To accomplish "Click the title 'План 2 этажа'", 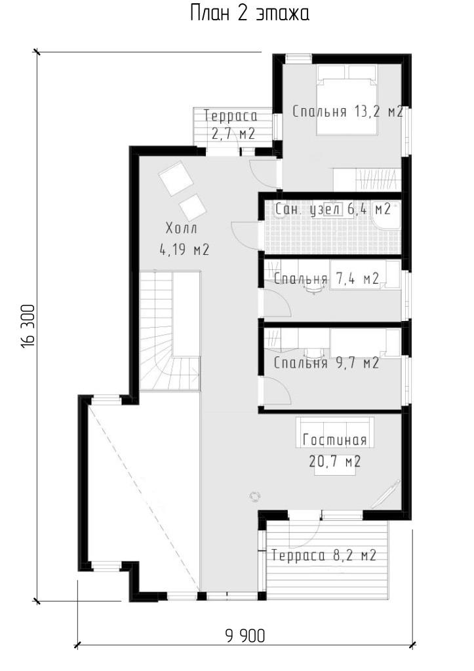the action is pyautogui.click(x=249, y=14).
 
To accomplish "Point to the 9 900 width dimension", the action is pyautogui.click(x=245, y=636).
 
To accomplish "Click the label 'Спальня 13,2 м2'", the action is pyautogui.click(x=347, y=112).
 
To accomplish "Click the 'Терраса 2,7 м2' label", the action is pyautogui.click(x=231, y=125).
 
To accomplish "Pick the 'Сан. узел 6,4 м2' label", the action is pyautogui.click(x=332, y=210).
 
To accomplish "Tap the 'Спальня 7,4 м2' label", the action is pyautogui.click(x=326, y=279).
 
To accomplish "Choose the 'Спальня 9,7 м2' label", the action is pyautogui.click(x=326, y=363).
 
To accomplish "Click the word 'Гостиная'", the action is pyautogui.click(x=334, y=440).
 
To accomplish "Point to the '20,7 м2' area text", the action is pyautogui.click(x=334, y=461).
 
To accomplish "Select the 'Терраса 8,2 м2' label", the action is pyautogui.click(x=324, y=556).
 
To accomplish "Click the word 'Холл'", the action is pyautogui.click(x=182, y=229).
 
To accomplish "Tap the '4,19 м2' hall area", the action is pyautogui.click(x=184, y=250).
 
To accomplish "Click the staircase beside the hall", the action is pyautogui.click(x=170, y=331).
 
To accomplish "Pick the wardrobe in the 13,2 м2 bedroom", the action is pyautogui.click(x=367, y=180).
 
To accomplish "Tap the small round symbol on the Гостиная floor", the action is pyautogui.click(x=255, y=495).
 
